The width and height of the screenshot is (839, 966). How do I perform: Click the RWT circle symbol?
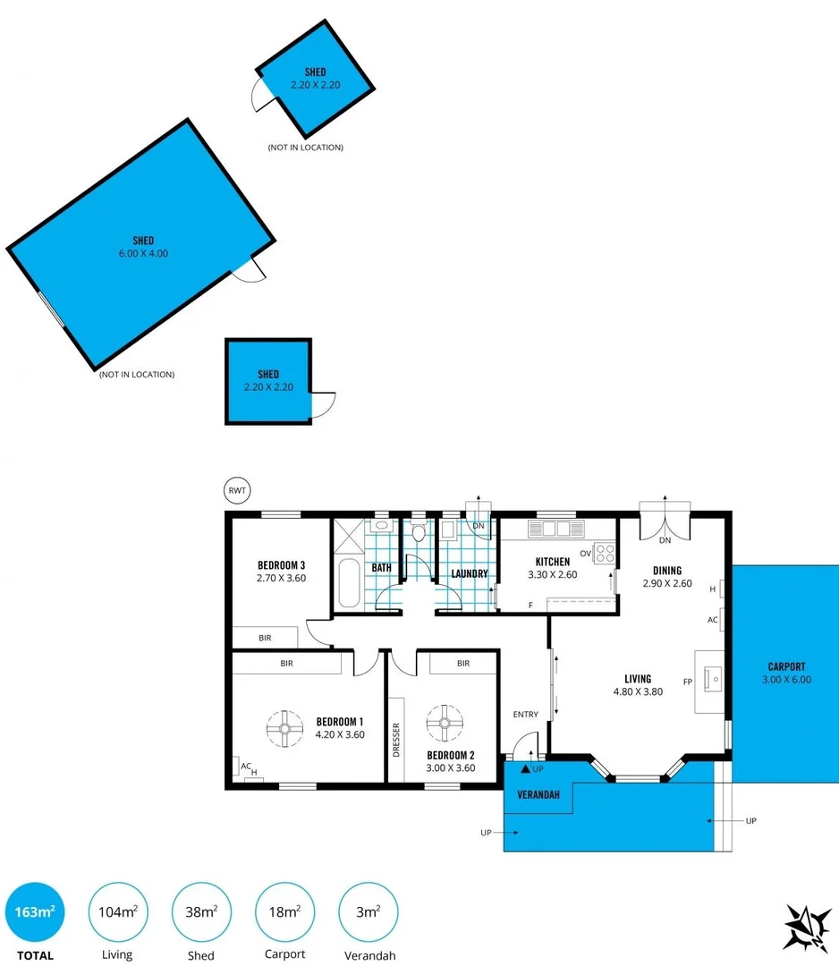click(x=237, y=490)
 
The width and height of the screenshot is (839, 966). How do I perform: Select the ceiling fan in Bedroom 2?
click(x=443, y=723)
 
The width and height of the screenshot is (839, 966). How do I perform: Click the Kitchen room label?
click(x=552, y=562)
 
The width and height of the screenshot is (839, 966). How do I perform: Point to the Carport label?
click(x=786, y=666)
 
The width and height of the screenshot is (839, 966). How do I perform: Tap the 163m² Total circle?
click(x=35, y=912)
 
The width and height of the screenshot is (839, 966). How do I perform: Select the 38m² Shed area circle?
click(x=200, y=912)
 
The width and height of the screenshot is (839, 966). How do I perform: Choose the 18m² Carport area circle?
click(x=284, y=912)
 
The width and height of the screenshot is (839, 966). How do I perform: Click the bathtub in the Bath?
click(x=348, y=583)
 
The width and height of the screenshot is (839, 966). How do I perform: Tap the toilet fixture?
click(x=418, y=535)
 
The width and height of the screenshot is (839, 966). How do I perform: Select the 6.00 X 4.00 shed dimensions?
click(x=144, y=253)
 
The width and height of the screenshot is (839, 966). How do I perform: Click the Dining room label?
click(x=667, y=571)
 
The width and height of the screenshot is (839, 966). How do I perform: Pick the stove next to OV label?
click(x=604, y=553)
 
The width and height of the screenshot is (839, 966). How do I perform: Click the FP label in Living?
click(x=688, y=682)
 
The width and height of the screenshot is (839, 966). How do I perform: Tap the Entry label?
click(x=525, y=714)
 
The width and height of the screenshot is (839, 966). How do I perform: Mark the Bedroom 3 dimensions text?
click(x=281, y=578)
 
